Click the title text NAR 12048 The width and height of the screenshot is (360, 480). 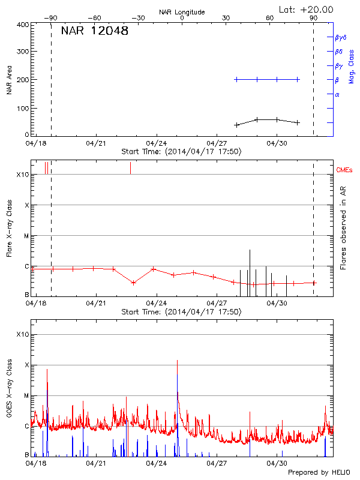(x=94, y=31)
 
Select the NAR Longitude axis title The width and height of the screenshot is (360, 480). (x=182, y=11)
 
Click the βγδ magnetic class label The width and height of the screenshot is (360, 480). (x=341, y=37)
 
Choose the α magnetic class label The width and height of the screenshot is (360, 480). (x=337, y=94)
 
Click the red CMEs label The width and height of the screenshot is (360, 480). (x=345, y=170)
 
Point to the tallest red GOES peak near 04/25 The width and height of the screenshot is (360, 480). (x=177, y=361)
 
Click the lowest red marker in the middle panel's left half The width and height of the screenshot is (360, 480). (x=133, y=283)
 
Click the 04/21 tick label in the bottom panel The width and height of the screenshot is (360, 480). (x=96, y=464)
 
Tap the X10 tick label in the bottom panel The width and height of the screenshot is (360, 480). (x=22, y=334)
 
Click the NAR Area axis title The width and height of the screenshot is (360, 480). (x=9, y=80)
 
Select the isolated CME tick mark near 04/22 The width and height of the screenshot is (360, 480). (x=130, y=168)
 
